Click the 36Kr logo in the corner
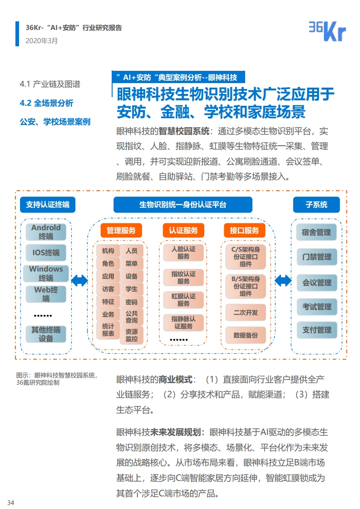327,31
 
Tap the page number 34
11,503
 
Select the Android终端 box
46,232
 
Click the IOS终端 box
46,252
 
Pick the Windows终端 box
46,273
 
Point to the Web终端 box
46,294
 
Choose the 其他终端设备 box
46,334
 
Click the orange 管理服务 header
121,231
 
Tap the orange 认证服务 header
183,231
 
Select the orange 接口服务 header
244,231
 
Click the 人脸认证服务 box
183,252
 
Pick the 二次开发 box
246,312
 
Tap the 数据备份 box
246,335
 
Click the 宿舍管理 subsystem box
316,232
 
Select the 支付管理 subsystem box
317,330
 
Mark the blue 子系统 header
316,204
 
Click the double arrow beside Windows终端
79,281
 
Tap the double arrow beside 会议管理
283,281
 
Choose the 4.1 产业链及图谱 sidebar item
50,84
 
